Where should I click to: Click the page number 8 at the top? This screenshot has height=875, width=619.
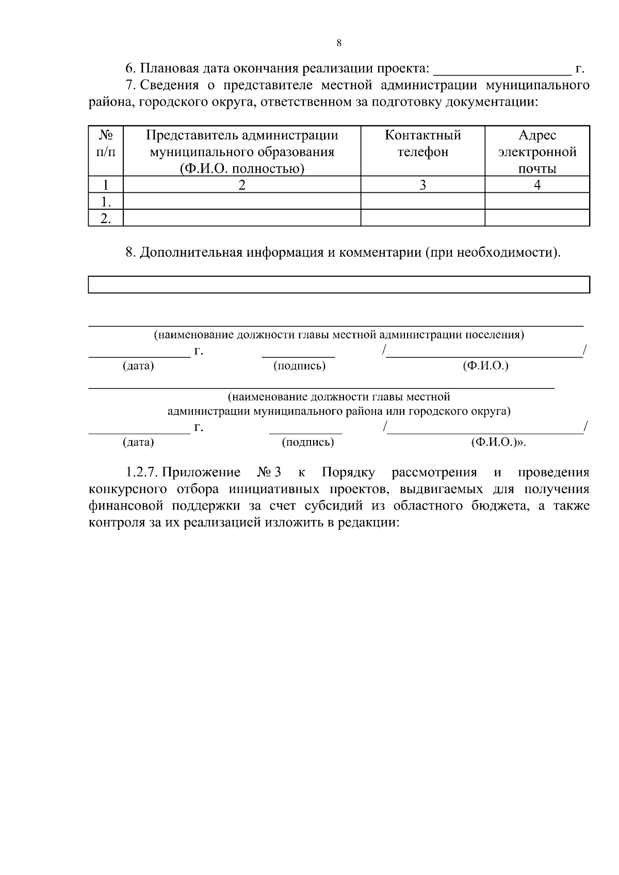coord(339,43)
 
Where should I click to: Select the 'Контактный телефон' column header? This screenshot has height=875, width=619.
coord(422,144)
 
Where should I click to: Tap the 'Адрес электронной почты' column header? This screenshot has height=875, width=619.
coord(537,152)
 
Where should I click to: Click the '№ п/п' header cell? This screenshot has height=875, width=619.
coord(106,144)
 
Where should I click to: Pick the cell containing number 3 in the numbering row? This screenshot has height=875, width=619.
coord(422,184)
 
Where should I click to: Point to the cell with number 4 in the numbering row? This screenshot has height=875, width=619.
coord(537,184)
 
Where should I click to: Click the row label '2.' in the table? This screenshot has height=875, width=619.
coord(106,218)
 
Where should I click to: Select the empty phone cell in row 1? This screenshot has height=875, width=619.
coord(422,201)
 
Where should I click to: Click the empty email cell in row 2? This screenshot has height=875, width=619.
coord(537,218)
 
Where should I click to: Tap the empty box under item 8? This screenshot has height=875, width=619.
coord(339,284)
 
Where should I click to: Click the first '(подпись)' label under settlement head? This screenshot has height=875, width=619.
coord(299,366)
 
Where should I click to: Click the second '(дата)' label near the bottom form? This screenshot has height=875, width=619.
coord(138,442)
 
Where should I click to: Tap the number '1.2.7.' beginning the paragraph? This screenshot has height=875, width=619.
coord(141,473)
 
